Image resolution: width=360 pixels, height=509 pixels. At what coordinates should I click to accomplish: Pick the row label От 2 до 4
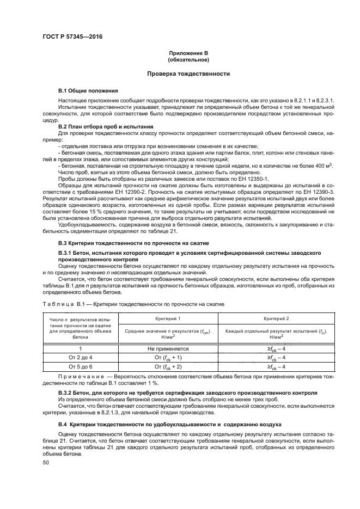81,357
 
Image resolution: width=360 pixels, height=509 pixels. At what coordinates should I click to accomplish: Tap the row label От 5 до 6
81,367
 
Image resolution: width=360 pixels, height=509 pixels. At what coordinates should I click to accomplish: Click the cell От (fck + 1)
168,357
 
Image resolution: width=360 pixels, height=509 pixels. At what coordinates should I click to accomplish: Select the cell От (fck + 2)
168,367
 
